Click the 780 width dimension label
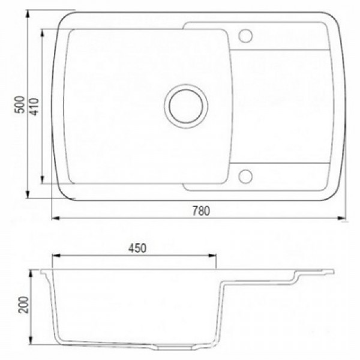coord(201,211)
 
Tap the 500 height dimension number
coord(20,104)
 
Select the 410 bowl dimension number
coord(34,107)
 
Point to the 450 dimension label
coord(137,248)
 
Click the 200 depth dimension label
coord(24,305)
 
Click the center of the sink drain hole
coord(186,106)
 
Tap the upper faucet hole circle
coord(245,36)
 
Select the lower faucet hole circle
coord(245,176)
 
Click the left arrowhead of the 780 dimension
coord(56,218)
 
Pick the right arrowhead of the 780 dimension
coord(341,218)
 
